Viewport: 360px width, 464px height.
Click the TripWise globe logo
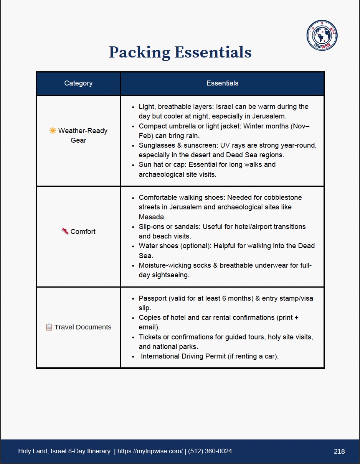322,35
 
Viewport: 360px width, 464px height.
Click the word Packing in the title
139,53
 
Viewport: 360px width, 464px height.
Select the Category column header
78,83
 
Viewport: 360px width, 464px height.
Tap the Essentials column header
222,83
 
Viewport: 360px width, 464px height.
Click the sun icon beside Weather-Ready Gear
53,131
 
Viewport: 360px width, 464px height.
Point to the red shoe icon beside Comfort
65,231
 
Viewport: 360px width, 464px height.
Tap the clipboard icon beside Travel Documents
49,327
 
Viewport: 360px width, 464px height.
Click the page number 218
339,451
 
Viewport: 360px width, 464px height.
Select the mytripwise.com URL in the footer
150,451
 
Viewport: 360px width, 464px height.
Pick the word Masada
152,217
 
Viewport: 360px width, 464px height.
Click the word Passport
152,298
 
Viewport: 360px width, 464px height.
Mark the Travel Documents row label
83,327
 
